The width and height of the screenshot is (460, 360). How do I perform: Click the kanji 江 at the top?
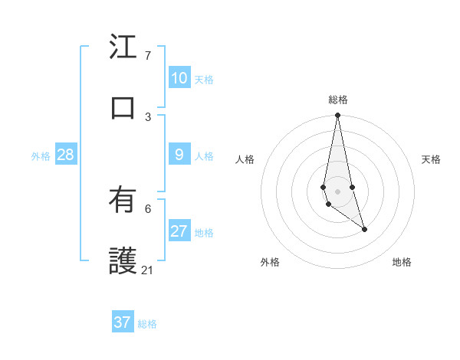click(123, 47)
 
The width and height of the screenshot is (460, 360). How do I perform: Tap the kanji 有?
click(123, 201)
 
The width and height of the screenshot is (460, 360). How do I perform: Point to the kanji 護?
click(123, 261)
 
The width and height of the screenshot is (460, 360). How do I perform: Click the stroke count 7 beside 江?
click(148, 56)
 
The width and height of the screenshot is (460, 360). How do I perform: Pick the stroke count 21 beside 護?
click(147, 270)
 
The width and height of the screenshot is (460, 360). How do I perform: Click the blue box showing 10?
click(179, 77)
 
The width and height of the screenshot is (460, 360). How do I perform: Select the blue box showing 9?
click(179, 155)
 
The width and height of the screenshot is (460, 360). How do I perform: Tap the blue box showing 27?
click(179, 231)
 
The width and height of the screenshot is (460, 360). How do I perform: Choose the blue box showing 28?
click(66, 155)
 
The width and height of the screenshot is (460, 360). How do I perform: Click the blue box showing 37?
click(123, 322)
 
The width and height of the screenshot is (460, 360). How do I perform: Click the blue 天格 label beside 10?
click(204, 80)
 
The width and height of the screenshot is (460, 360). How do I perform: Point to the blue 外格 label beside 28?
click(41, 156)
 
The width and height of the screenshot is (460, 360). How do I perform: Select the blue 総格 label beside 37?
click(147, 324)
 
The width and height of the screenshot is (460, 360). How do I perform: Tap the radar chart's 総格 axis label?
click(338, 100)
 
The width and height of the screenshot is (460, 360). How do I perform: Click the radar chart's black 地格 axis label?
click(402, 262)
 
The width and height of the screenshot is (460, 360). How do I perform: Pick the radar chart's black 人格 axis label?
click(245, 159)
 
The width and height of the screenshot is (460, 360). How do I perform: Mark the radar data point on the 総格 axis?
click(337, 116)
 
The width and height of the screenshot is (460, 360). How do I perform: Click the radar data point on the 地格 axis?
click(365, 229)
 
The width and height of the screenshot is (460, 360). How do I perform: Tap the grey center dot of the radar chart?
click(337, 191)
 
